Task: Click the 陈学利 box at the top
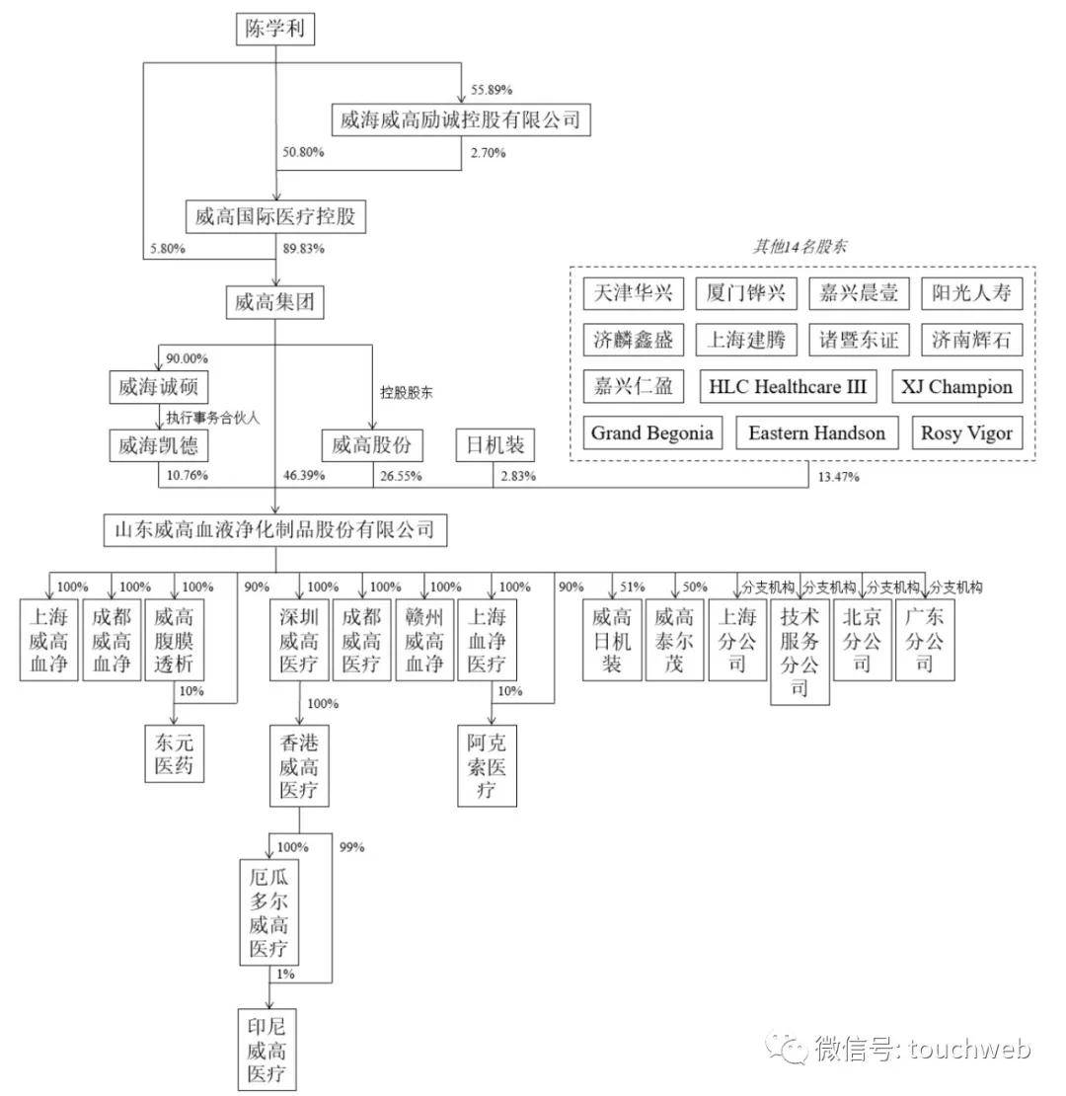274,29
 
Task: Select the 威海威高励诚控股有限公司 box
461,119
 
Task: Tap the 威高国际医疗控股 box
275,216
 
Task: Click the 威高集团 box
274,303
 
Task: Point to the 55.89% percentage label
492,90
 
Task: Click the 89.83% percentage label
303,248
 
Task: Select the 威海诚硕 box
159,386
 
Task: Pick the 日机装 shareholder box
495,445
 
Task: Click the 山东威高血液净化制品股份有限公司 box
275,530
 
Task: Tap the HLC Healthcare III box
788,386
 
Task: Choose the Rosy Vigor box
967,433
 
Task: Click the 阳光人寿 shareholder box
971,293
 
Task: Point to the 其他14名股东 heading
800,246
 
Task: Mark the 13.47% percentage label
838,478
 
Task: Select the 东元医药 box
174,753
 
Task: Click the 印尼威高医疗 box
266,1050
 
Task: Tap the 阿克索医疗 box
487,766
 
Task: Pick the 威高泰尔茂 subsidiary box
674,640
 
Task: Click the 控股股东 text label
406,393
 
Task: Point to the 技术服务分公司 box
799,652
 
